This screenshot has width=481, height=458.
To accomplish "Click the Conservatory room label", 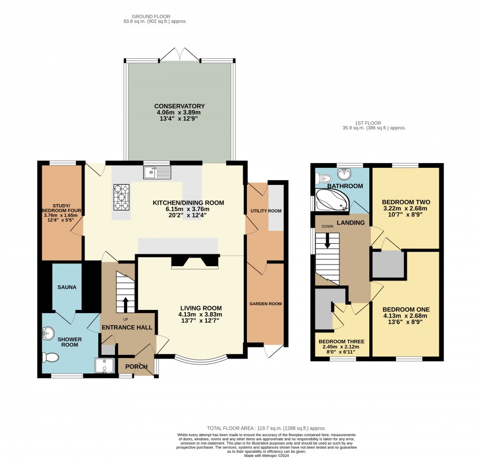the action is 180,106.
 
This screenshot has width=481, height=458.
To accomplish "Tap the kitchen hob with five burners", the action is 122,197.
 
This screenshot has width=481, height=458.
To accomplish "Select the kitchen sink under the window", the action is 157,173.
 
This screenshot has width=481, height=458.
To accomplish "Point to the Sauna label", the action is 67,288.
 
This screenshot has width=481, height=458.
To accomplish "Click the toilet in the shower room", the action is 50,358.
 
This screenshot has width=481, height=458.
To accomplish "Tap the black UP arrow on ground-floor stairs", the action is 126,305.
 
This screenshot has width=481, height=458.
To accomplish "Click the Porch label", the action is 136,367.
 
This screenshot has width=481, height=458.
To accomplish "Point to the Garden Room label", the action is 266,304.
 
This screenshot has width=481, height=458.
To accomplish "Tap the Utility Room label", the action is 266,211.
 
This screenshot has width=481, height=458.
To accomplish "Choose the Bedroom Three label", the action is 342,341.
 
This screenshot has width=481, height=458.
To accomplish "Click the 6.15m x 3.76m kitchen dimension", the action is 188,209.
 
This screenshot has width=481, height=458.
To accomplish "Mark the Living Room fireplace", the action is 195,261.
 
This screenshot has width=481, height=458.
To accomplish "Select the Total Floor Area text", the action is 267,428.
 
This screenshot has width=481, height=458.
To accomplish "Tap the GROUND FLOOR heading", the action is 151,17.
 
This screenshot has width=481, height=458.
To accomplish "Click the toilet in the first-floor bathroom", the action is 324,178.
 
